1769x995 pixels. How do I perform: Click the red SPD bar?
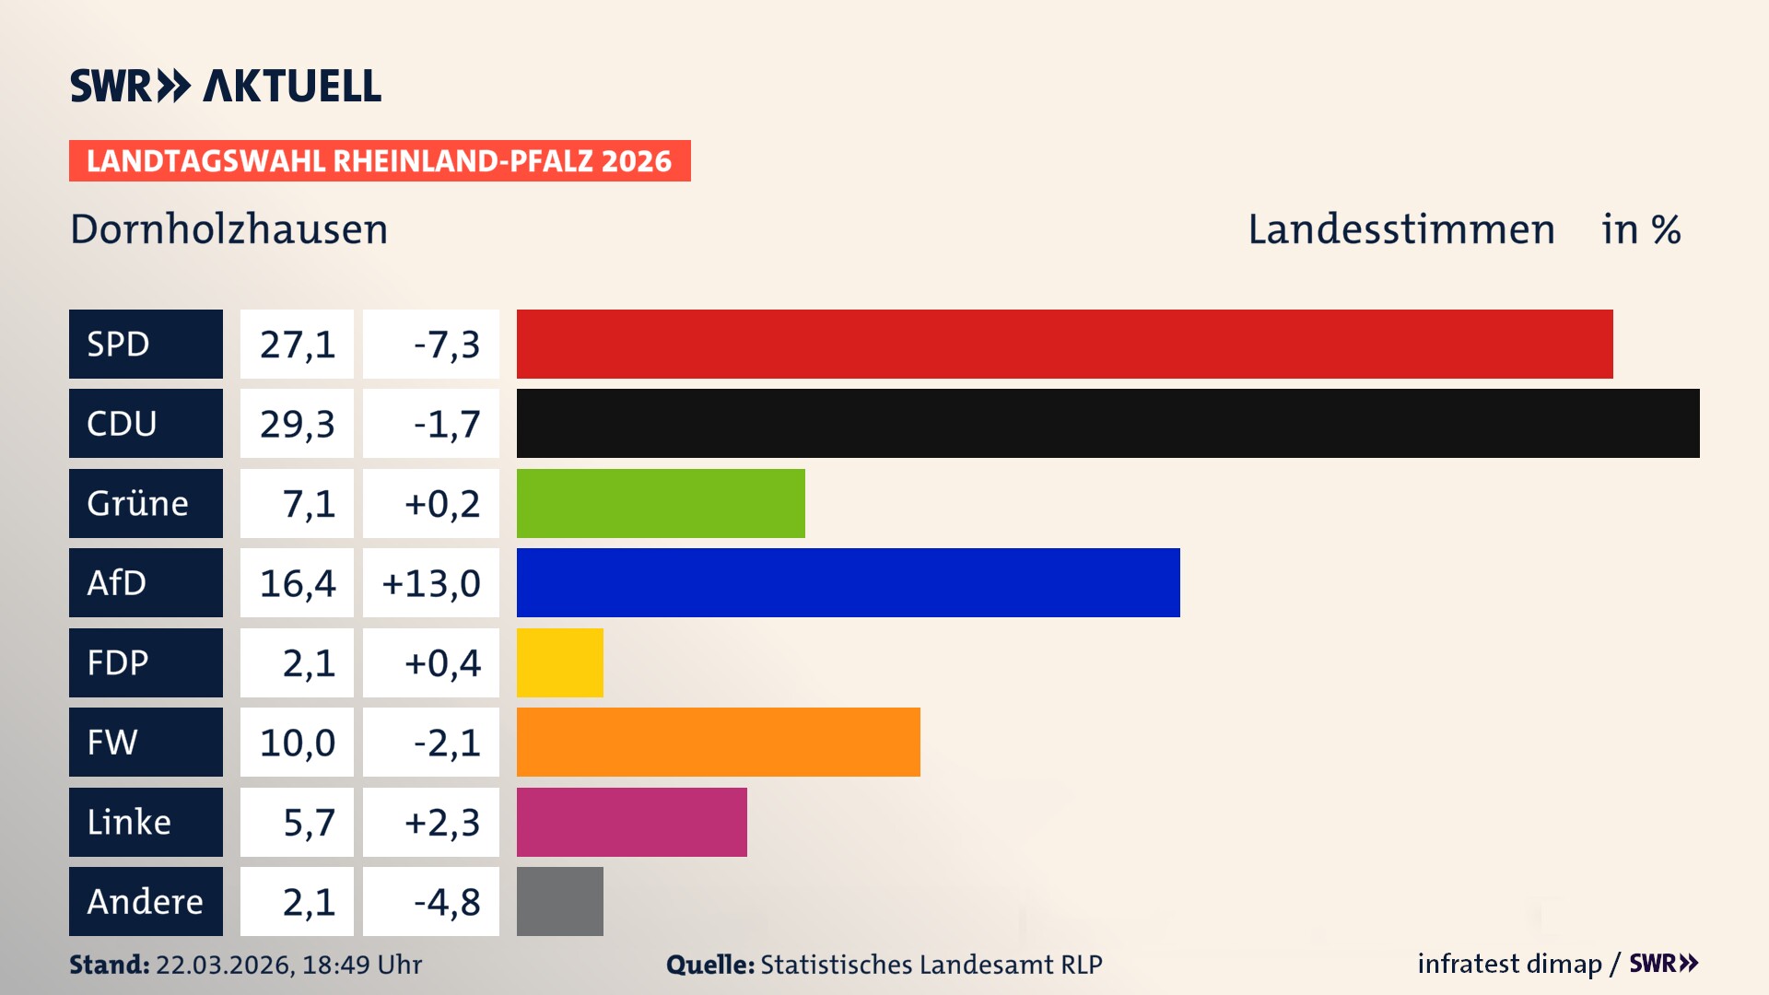pos(1064,344)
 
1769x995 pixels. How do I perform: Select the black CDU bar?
pos(1107,423)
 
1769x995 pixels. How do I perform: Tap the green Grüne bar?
pos(661,503)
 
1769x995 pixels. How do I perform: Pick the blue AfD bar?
pos(848,582)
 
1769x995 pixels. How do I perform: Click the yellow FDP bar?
pos(559,662)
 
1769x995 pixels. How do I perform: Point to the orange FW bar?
pos(718,742)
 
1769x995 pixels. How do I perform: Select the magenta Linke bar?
pos(631,822)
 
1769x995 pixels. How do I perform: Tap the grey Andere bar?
pos(559,901)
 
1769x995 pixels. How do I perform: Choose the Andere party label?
pos(146,901)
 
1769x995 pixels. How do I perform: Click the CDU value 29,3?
pos(297,424)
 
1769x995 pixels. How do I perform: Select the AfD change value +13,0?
pos(431,583)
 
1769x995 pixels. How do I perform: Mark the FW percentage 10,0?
pos(297,743)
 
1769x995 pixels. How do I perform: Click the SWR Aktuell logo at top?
pos(226,86)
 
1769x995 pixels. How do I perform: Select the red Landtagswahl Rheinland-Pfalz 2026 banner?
pos(380,161)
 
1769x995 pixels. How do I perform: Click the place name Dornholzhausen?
pos(229,229)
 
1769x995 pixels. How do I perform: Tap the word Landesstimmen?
pos(1400,229)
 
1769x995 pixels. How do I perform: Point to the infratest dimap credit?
pos(1509,964)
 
